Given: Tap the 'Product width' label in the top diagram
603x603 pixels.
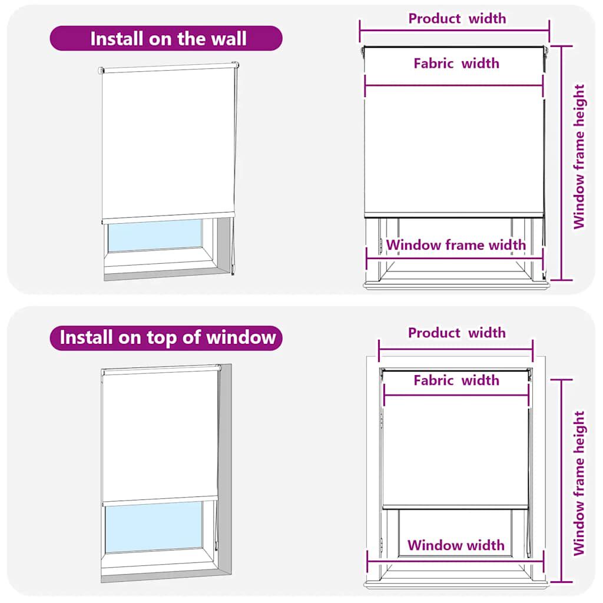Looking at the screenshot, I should (x=457, y=18).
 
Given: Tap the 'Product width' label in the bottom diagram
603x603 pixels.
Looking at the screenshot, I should (x=457, y=333).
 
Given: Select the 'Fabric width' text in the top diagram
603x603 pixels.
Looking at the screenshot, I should (x=456, y=63).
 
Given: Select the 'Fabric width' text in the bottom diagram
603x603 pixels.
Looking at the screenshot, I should (x=456, y=380).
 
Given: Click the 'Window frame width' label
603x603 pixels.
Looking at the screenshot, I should (x=456, y=244).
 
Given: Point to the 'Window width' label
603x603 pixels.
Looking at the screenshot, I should (x=456, y=545).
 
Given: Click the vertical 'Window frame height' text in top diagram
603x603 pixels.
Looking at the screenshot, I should (x=579, y=157).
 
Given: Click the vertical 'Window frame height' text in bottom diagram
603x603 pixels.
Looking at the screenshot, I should (x=579, y=483).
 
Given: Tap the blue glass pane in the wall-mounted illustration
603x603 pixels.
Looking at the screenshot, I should (x=154, y=236).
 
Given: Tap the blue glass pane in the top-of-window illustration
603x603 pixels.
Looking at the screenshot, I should (x=154, y=528).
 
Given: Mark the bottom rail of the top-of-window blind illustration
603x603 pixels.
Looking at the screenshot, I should (x=160, y=501).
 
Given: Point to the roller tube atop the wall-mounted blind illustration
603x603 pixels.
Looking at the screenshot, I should (x=168, y=68).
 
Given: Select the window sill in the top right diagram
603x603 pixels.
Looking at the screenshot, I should (x=456, y=284).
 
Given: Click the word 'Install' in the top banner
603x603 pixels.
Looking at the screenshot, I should (x=115, y=39).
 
